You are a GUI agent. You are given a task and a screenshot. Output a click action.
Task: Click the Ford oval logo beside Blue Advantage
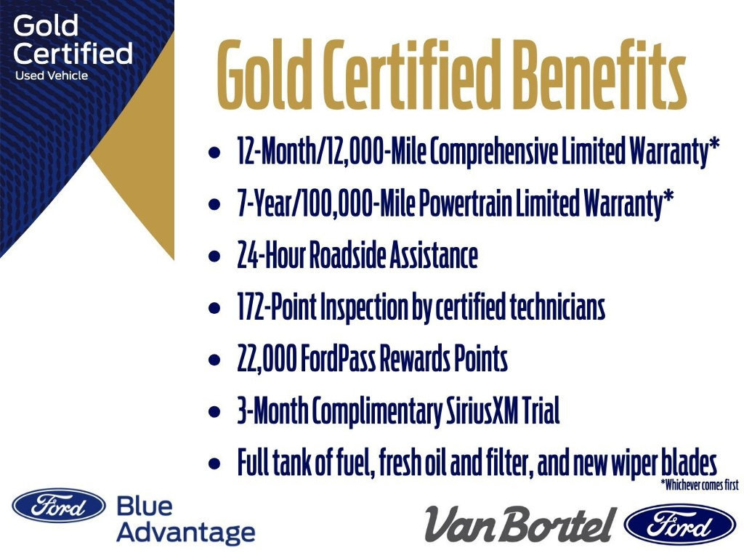click(x=58, y=506)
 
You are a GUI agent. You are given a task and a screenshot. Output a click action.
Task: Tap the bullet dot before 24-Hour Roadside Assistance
click(x=214, y=258)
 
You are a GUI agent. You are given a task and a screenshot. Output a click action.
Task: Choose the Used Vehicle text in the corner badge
click(x=52, y=76)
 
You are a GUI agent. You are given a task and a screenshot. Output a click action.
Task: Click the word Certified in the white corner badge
click(x=73, y=53)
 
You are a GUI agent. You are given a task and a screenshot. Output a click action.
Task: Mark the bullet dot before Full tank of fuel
click(x=214, y=464)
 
